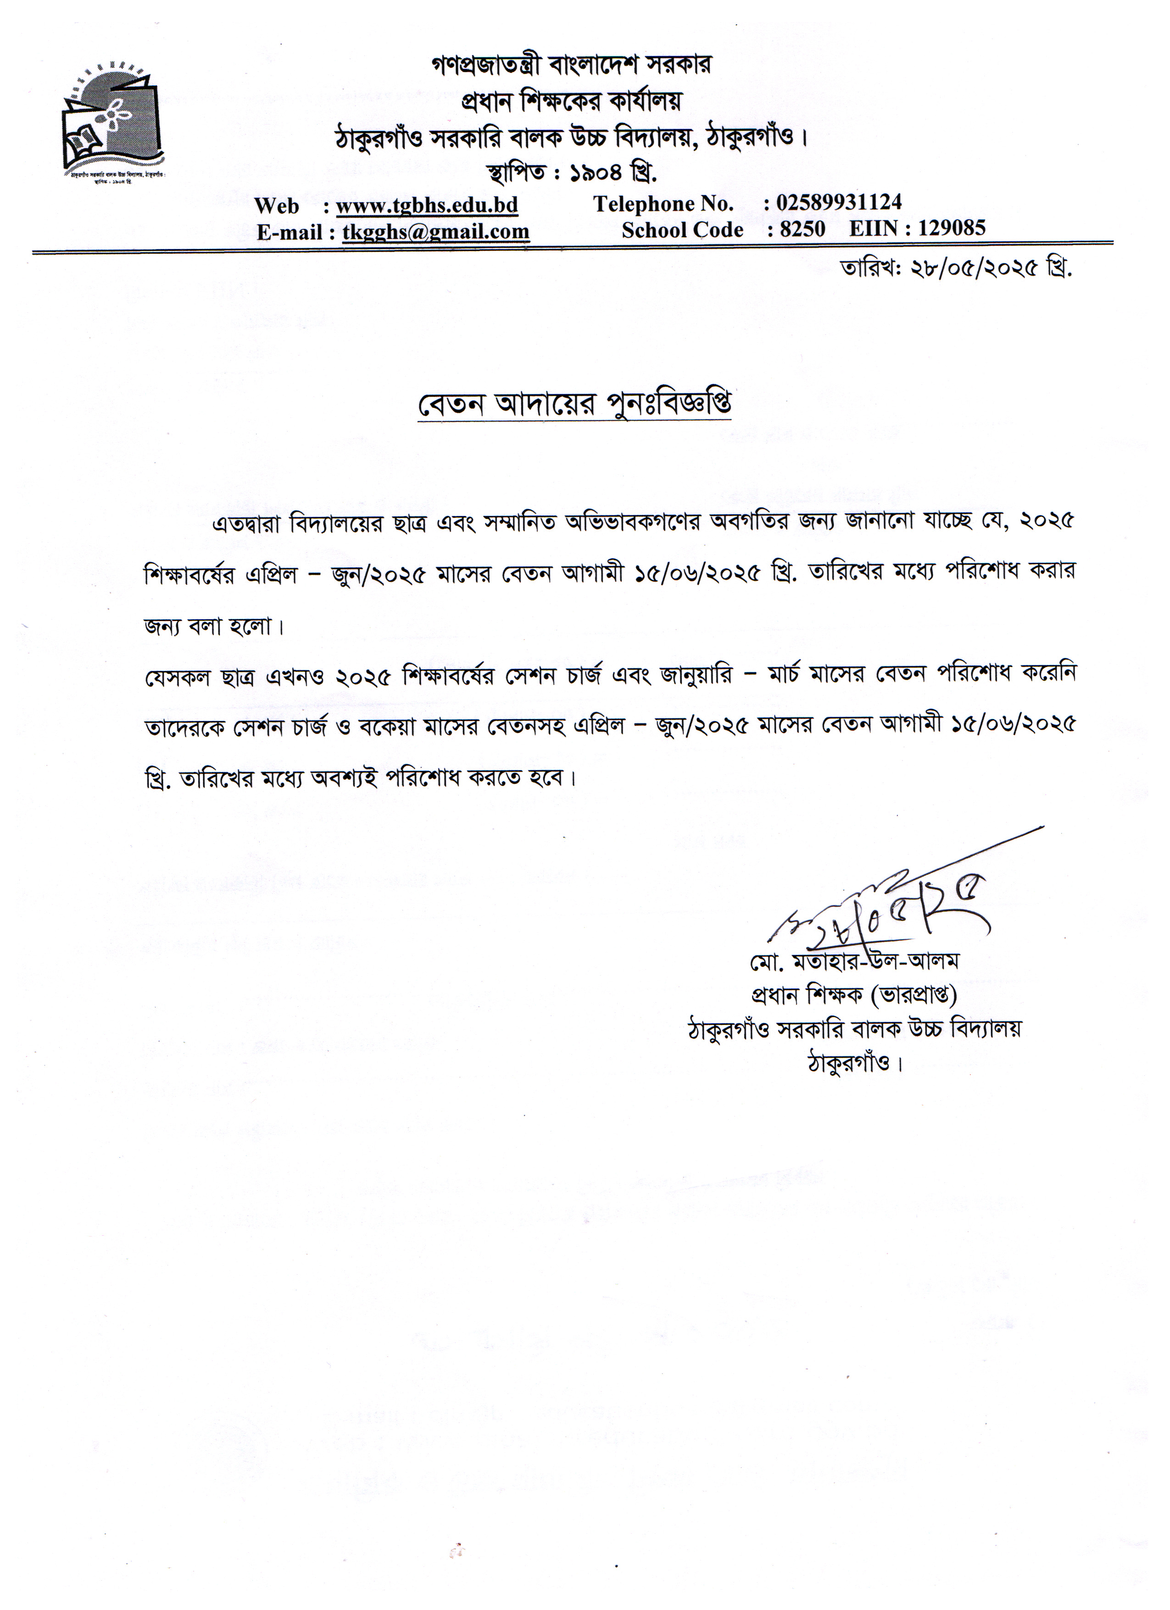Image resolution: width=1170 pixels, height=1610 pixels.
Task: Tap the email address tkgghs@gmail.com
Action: pos(436,232)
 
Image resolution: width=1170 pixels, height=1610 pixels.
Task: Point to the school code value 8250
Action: pos(802,228)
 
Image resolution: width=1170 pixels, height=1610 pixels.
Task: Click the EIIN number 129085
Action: pos(951,228)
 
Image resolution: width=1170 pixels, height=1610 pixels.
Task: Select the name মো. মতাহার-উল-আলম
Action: pos(854,961)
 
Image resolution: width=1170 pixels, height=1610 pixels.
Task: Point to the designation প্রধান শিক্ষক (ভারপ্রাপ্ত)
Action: pos(854,995)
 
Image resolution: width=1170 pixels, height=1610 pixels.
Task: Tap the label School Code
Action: pos(682,230)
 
